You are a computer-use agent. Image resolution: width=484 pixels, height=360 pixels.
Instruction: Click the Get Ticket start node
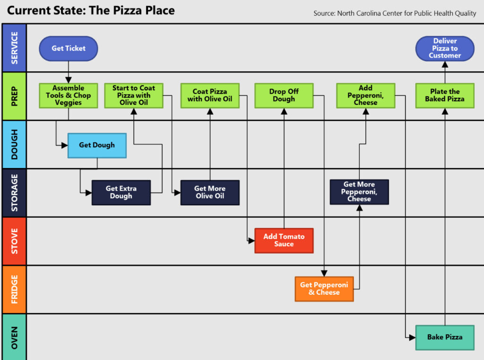click(x=69, y=48)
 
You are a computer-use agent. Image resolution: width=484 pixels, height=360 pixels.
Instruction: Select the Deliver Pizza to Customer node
click(x=445, y=48)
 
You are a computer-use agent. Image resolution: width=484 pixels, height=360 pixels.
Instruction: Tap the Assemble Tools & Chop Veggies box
click(x=69, y=95)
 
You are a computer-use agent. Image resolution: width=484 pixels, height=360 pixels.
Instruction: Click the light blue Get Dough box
click(x=97, y=145)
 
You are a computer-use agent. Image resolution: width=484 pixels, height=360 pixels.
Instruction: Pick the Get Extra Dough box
click(x=121, y=192)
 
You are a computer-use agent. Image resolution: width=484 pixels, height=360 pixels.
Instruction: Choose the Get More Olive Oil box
click(x=210, y=192)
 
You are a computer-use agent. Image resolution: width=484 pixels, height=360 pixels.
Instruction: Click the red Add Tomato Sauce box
click(x=284, y=240)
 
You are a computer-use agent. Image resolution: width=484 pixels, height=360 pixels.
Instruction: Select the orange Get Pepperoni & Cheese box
click(x=324, y=289)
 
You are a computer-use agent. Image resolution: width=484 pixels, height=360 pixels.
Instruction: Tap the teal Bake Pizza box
click(x=445, y=337)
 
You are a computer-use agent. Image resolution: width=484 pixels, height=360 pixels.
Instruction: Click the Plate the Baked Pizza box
click(x=445, y=95)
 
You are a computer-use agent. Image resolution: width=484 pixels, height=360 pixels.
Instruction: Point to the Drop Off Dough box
click(x=284, y=95)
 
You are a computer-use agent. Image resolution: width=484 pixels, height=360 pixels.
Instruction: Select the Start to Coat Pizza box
click(x=134, y=95)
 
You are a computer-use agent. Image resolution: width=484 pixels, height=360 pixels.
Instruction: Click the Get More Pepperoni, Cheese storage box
click(x=359, y=192)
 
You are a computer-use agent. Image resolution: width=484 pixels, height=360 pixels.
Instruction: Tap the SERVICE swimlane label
click(x=14, y=48)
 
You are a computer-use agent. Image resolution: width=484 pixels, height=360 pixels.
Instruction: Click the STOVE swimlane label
click(x=14, y=241)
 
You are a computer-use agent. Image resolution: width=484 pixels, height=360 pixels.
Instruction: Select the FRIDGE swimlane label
click(x=14, y=289)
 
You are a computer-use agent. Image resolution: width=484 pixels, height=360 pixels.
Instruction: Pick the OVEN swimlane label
click(x=14, y=337)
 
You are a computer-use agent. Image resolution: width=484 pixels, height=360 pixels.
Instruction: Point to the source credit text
click(x=395, y=13)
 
